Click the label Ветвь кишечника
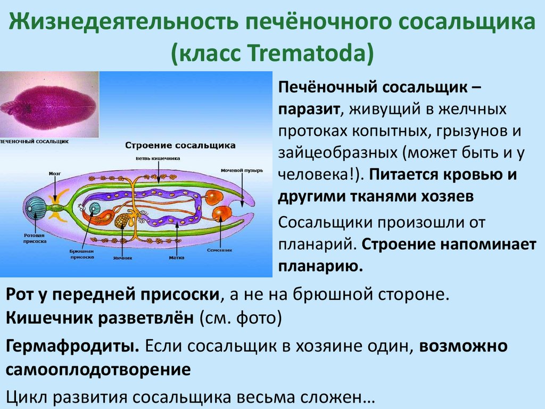tap(159, 158)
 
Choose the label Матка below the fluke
tap(176, 257)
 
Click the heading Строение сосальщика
tap(180, 145)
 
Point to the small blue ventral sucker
tap(94, 208)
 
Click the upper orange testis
tap(214, 197)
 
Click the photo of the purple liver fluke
tap(49, 104)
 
